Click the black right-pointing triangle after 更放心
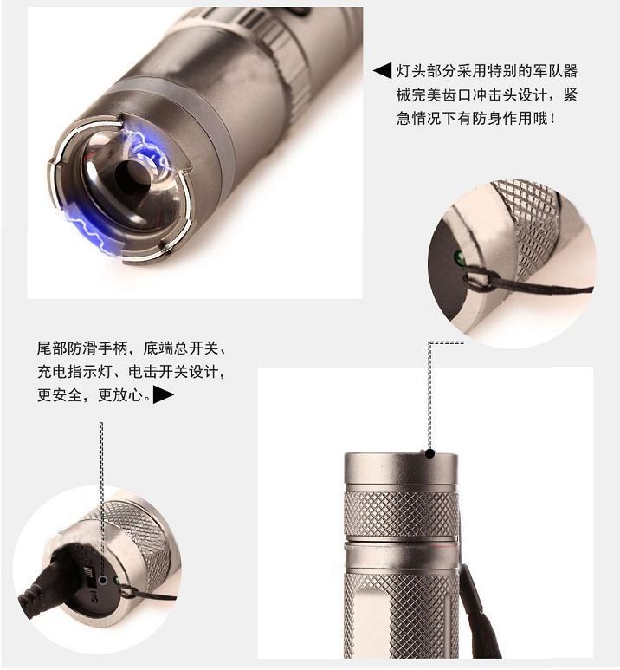(x=164, y=395)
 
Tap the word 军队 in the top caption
(x=542, y=71)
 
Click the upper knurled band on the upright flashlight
(x=401, y=515)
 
